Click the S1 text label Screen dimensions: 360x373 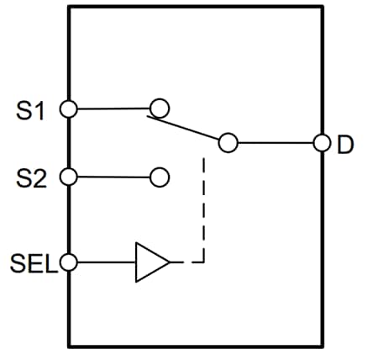(x=29, y=109)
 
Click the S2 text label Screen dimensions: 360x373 (x=29, y=177)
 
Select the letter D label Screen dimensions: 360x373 (x=344, y=145)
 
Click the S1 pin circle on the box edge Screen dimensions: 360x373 (x=70, y=109)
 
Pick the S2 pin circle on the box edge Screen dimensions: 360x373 (x=70, y=177)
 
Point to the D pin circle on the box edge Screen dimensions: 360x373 (x=321, y=143)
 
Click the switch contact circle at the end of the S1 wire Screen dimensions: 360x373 (x=159, y=108)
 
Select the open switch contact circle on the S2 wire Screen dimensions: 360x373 (x=159, y=177)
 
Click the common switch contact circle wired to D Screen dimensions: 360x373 (x=228, y=143)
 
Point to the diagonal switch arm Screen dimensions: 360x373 (x=185, y=128)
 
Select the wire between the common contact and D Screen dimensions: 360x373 (x=275, y=143)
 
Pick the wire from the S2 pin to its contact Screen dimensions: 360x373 (x=113, y=177)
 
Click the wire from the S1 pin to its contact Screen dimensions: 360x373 (x=113, y=109)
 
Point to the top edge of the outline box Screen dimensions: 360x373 (x=195, y=7)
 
